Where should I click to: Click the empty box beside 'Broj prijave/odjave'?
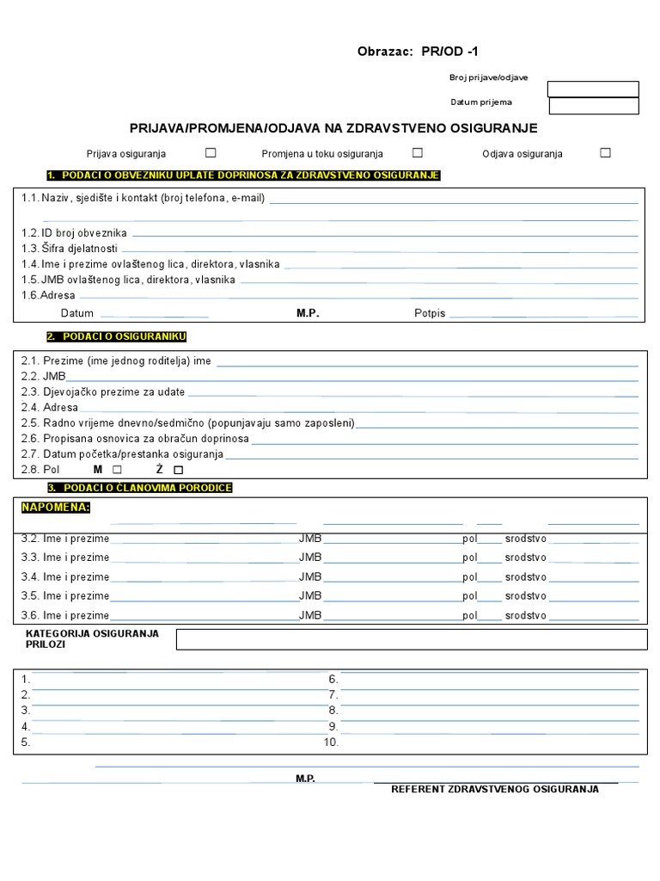593,89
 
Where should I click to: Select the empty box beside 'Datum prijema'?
593,106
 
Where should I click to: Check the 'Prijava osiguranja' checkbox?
211,153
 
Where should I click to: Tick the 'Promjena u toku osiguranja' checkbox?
418,153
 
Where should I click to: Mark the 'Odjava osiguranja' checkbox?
605,153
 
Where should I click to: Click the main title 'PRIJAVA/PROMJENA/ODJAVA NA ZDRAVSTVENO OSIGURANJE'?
333,128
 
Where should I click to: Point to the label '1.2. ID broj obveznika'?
75,233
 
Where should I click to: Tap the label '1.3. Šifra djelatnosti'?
70,249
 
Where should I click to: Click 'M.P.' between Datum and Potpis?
308,313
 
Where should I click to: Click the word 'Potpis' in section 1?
430,313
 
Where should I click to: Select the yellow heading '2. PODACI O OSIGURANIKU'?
116,336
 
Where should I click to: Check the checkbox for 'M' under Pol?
117,470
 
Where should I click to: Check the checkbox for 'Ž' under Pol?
178,470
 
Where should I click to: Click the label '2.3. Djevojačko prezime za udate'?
103,392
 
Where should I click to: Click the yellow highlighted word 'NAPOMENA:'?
56,508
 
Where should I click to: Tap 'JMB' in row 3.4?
310,577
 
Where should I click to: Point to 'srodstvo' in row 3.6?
525,616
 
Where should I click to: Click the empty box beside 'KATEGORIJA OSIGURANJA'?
411,639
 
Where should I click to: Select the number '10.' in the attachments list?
331,742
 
